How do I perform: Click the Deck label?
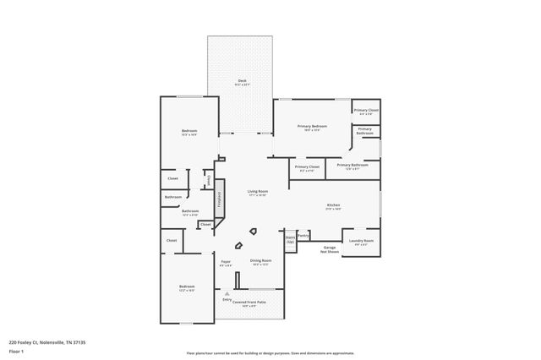(x=242, y=82)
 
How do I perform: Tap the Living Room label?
(x=257, y=194)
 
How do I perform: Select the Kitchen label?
(x=333, y=206)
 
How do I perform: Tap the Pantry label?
(x=303, y=236)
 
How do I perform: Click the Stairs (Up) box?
(x=290, y=239)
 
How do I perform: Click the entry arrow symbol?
(x=227, y=292)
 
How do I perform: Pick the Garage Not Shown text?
(x=330, y=249)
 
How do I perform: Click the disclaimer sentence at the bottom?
(x=270, y=353)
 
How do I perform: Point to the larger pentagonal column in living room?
(x=252, y=231)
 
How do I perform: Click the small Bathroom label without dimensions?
(x=173, y=197)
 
